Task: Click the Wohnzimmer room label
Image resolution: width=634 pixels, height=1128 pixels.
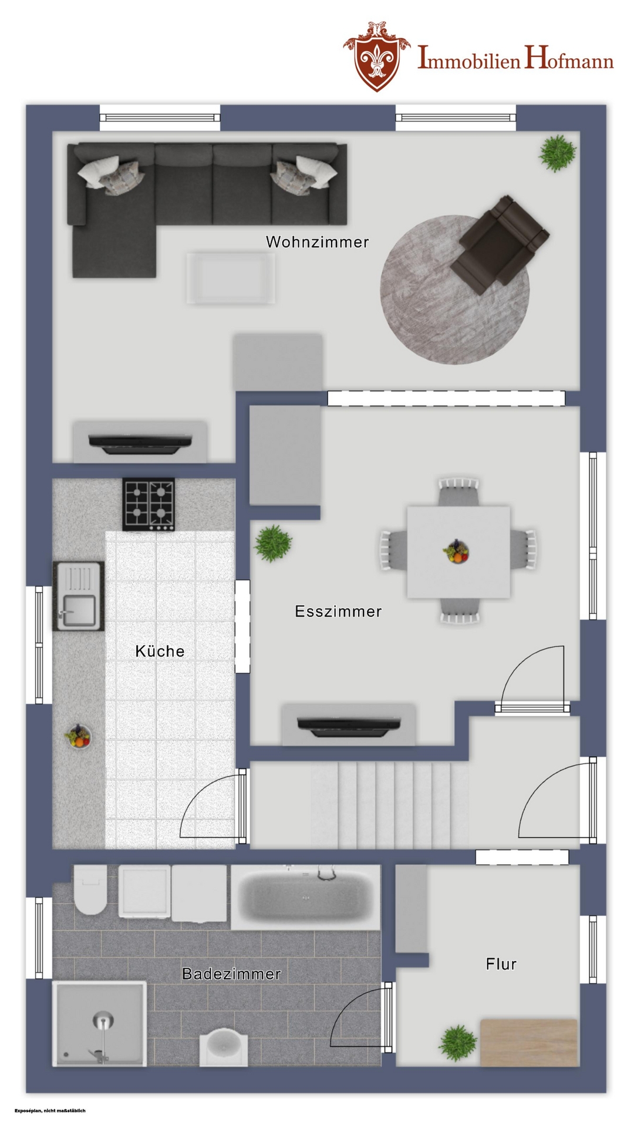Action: tap(317, 241)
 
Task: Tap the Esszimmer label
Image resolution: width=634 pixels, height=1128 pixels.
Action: tap(338, 611)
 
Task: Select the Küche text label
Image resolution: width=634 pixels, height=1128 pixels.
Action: tap(160, 651)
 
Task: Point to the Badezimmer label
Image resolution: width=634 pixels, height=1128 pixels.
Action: tap(231, 973)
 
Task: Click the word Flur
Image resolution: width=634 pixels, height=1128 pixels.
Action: tap(501, 964)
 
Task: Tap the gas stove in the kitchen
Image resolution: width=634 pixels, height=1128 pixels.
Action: tap(149, 505)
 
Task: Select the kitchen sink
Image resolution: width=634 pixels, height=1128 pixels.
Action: tap(79, 596)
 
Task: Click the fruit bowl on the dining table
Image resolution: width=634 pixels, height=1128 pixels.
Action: tap(456, 552)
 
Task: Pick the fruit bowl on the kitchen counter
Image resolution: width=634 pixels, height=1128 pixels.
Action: tap(77, 736)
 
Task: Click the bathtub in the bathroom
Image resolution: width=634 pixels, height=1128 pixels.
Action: tap(305, 897)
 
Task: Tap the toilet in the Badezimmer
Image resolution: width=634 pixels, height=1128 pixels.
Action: tap(90, 889)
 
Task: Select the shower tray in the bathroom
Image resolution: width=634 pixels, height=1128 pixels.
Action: tap(99, 1023)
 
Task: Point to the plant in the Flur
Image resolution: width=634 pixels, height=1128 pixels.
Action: tap(458, 1043)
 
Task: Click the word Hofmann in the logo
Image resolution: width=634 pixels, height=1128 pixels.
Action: tap(569, 59)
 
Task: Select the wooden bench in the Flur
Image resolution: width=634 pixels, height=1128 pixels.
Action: tap(529, 1043)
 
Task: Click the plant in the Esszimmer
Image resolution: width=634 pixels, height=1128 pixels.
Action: tap(272, 543)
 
